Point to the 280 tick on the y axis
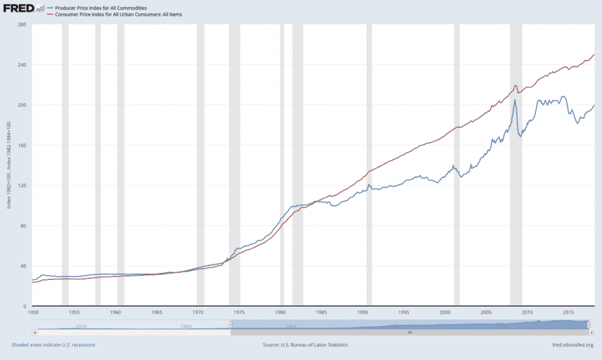[21, 25]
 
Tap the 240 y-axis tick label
[21, 65]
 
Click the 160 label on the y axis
[21, 145]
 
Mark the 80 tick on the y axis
[22, 226]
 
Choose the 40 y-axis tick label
[22, 266]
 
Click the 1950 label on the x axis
[34, 312]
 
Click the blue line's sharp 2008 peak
[515, 100]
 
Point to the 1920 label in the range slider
[81, 326]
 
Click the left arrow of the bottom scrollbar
[35, 332]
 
